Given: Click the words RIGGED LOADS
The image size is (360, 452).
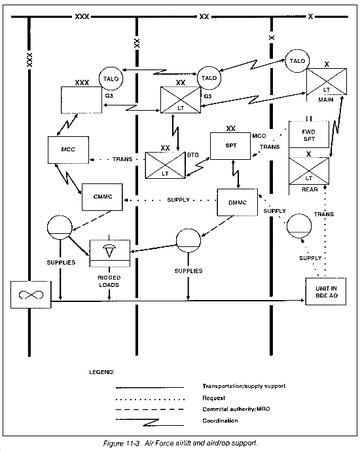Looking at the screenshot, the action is pos(109,281).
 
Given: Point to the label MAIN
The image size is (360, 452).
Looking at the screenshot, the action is pos(326,100).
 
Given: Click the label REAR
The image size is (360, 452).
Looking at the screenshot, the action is pos(310,190).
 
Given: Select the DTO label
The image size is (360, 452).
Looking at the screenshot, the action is pos(193,155).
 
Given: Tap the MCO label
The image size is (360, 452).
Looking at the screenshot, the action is pos(259,136).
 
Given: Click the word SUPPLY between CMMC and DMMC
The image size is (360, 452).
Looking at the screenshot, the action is pos(178,200).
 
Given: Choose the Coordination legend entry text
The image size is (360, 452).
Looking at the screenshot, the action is pos(220,421).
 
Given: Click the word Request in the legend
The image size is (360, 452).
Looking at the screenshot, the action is pos(213,398).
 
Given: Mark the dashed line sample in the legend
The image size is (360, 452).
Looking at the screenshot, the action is pos(149,409).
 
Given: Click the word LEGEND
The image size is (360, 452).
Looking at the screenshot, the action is pos(101,372).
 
